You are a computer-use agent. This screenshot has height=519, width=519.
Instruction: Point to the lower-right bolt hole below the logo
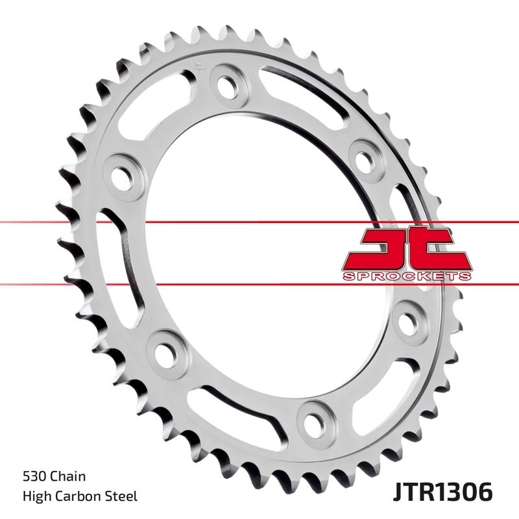point(408,322)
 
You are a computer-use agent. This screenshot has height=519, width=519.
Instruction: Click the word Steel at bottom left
point(123,497)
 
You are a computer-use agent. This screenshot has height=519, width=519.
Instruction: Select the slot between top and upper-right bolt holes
point(305,104)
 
